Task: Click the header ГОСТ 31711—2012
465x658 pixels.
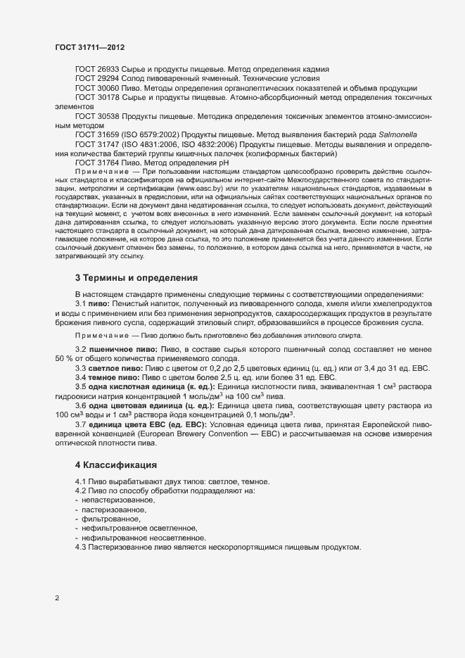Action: click(x=91, y=47)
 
